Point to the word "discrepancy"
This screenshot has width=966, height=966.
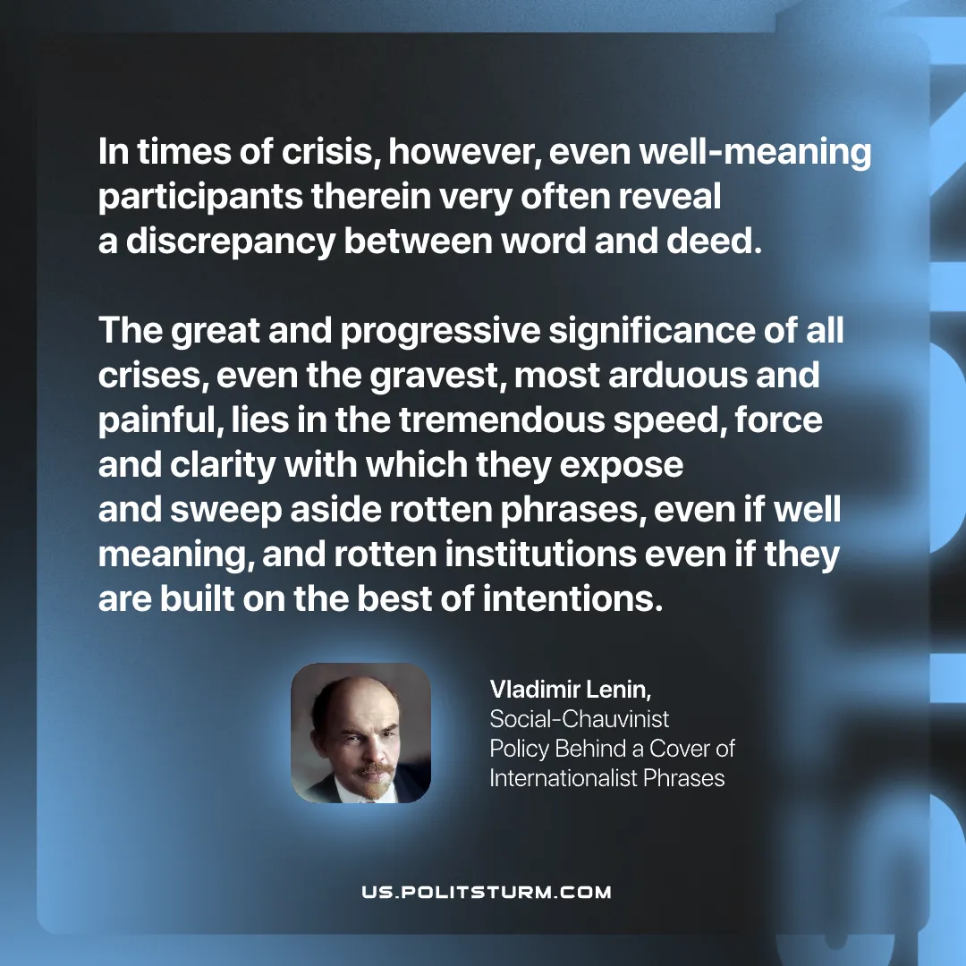(x=228, y=242)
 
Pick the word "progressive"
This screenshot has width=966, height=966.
(x=439, y=332)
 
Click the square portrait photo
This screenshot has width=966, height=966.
(x=361, y=733)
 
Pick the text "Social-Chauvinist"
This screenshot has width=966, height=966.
(x=580, y=719)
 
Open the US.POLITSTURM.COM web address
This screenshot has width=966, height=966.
(x=487, y=892)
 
